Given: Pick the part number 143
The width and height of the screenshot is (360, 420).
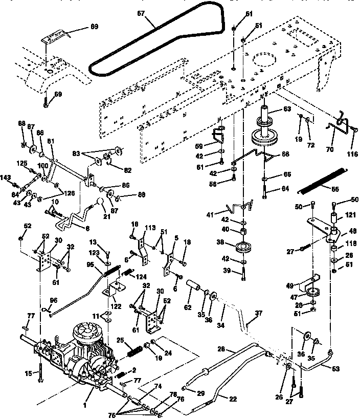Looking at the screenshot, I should coord(5,178).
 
